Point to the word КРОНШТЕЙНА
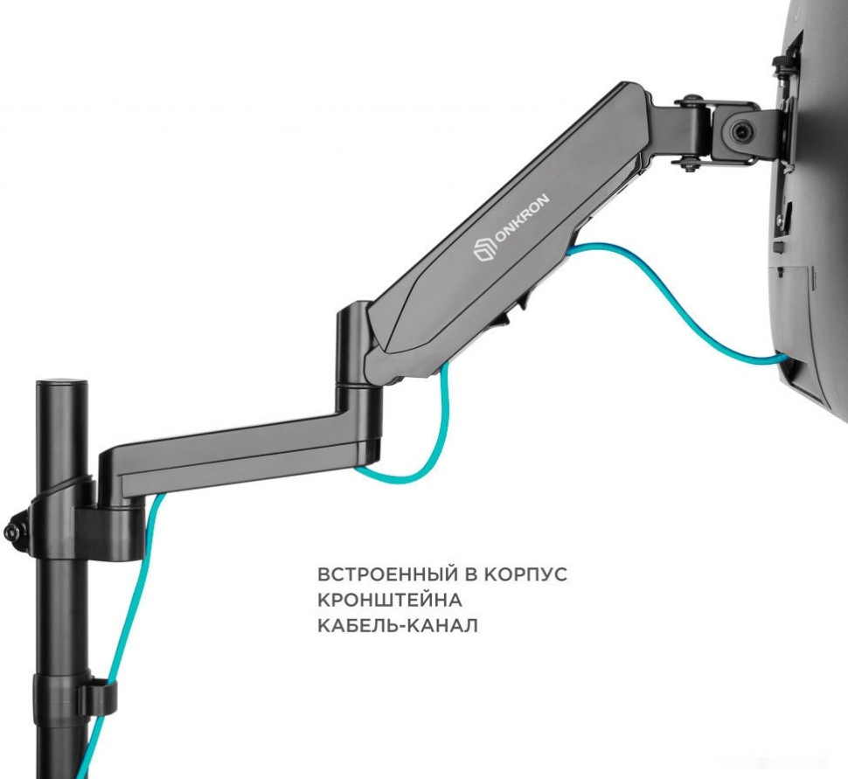click(389, 600)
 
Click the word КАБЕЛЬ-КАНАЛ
click(398, 625)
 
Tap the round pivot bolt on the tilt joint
click(740, 130)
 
